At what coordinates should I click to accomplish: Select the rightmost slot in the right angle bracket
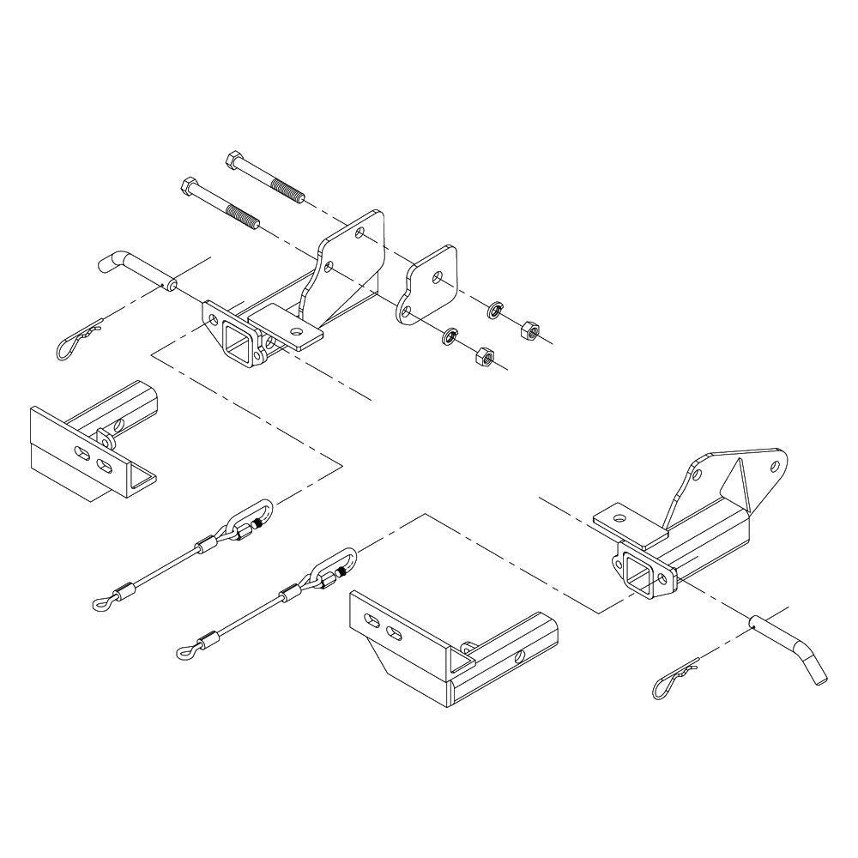395,633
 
